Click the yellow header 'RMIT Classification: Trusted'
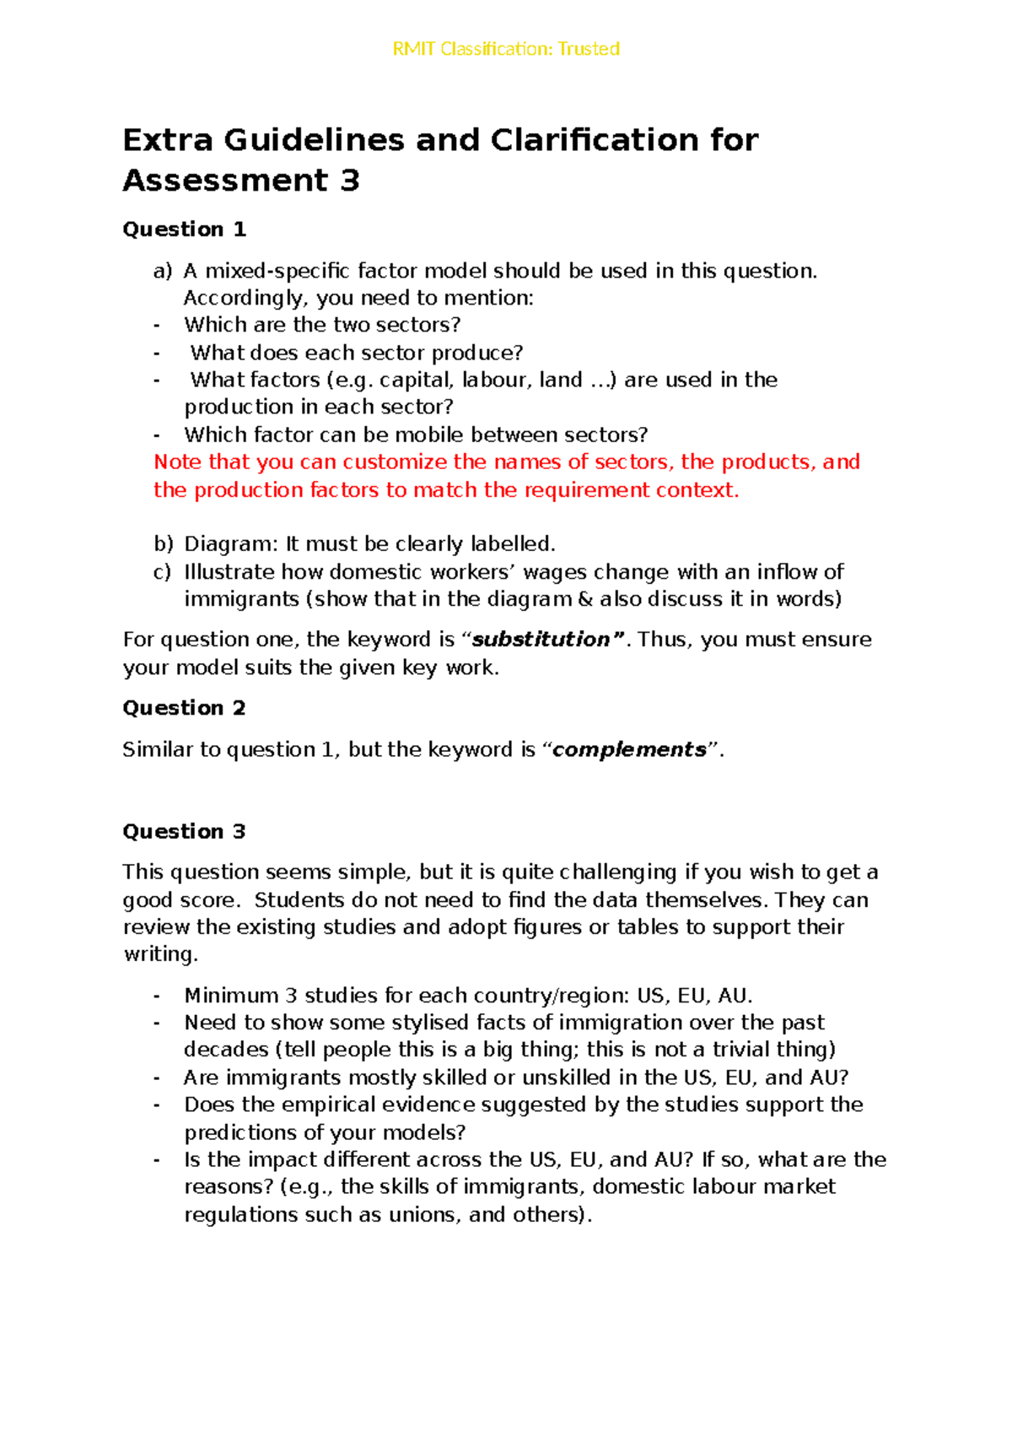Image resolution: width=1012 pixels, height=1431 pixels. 506,49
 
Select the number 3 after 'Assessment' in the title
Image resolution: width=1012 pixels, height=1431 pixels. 350,181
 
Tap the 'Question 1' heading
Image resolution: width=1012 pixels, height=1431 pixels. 184,229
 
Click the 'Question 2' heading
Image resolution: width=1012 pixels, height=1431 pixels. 184,708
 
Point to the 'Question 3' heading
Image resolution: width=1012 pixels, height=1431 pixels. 184,832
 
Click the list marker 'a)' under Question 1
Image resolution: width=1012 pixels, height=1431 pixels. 162,271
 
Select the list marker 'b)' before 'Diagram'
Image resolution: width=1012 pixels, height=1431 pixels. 163,544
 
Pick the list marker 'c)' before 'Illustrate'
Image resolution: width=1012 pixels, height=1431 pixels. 162,572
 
